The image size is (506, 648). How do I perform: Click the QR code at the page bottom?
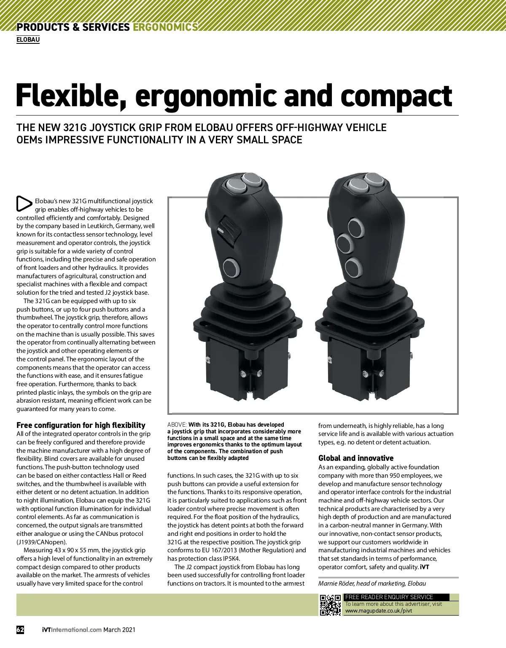(330, 605)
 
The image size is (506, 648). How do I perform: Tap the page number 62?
(20, 630)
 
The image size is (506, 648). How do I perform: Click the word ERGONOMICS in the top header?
(165, 27)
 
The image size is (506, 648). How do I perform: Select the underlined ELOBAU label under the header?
(28, 40)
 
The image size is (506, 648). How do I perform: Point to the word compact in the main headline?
(396, 96)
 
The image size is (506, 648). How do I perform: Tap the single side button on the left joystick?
(231, 268)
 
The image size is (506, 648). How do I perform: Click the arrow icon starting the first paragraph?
(24, 204)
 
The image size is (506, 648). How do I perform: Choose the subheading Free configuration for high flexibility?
(81, 425)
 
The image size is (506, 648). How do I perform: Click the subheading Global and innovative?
(355, 458)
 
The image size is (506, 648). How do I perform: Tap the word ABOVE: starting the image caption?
(177, 425)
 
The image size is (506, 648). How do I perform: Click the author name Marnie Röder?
(336, 583)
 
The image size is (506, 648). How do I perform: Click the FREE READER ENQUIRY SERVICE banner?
(389, 597)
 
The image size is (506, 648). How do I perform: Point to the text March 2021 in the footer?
(119, 630)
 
